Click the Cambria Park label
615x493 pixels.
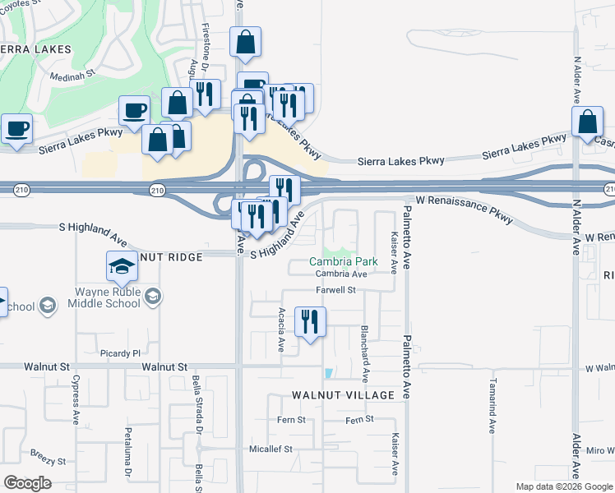click(343, 262)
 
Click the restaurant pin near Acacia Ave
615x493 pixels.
click(309, 322)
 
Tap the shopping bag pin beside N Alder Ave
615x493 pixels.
click(588, 122)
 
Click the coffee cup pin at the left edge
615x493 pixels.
click(16, 128)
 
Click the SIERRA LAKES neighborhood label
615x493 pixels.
click(35, 49)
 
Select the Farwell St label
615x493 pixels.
click(335, 290)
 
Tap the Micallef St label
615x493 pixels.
click(271, 449)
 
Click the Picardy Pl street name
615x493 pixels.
click(120, 353)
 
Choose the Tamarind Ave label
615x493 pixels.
click(492, 406)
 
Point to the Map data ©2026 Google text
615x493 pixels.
click(564, 486)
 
